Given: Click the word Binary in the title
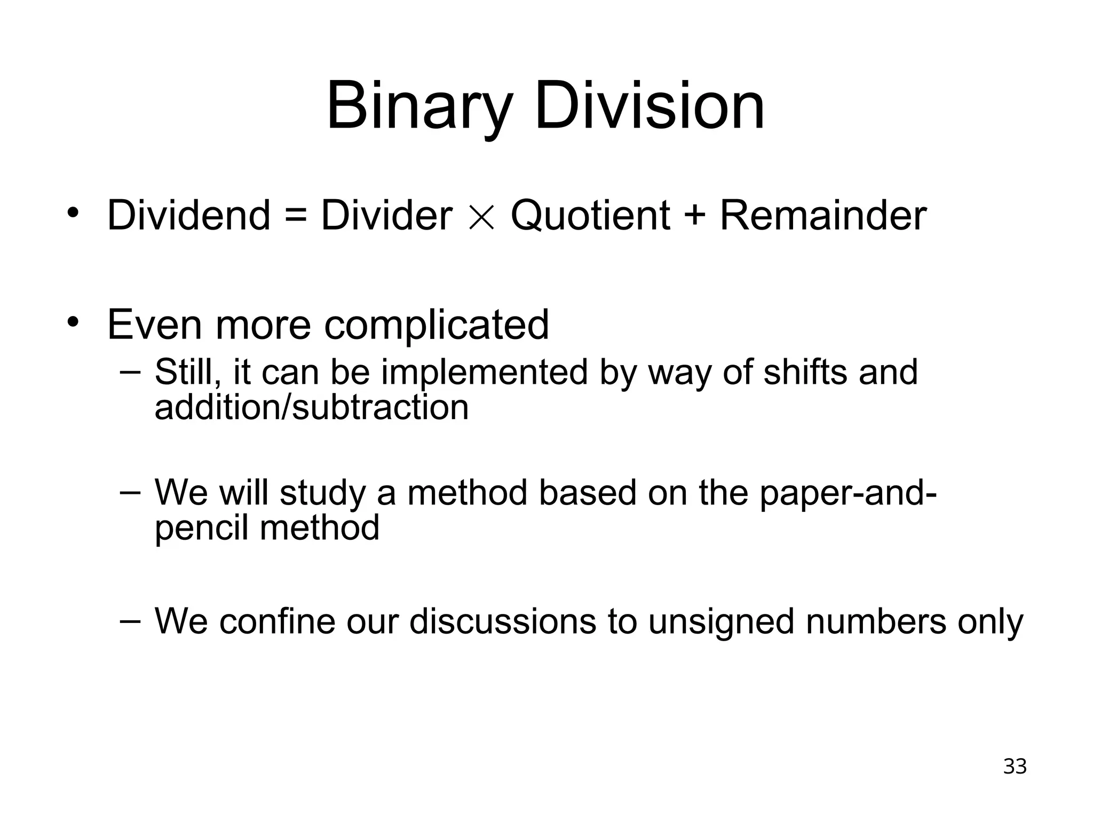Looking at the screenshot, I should pyautogui.click(x=419, y=106).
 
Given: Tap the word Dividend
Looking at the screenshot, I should pyautogui.click(x=189, y=215).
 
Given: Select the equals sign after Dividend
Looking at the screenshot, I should pyautogui.click(x=296, y=216).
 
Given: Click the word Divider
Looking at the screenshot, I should pyautogui.click(x=386, y=215).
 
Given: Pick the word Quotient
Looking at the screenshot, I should pyautogui.click(x=590, y=215).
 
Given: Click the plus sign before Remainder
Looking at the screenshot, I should pyautogui.click(x=695, y=216).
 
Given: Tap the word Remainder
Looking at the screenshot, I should pyautogui.click(x=823, y=215).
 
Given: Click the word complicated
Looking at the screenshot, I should pyautogui.click(x=437, y=325).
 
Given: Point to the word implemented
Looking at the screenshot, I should pyautogui.click(x=485, y=372).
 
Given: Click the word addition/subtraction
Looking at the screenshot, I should pyautogui.click(x=312, y=407).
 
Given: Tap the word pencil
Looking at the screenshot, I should pyautogui.click(x=202, y=528).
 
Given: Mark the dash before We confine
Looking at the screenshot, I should pyautogui.click(x=131, y=620).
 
